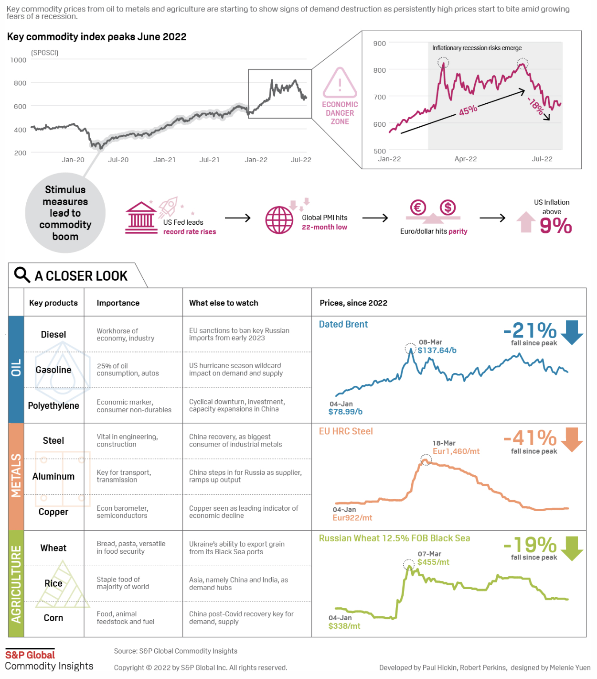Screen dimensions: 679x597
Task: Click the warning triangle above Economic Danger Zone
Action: pos(340,83)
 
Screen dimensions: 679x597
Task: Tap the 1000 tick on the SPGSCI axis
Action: pos(18,60)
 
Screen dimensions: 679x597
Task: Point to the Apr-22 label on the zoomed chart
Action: pos(465,159)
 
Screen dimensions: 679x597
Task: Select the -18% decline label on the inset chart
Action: pos(536,106)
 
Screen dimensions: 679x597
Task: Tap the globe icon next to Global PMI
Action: pos(279,220)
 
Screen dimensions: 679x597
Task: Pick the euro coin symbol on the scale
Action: pos(418,208)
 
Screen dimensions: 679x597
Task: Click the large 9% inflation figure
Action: pos(555,225)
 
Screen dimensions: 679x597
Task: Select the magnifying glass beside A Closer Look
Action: pos(22,275)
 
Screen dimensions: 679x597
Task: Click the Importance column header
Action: pos(118,303)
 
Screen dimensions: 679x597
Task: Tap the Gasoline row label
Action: pos(53,370)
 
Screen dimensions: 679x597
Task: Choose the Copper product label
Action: pos(53,512)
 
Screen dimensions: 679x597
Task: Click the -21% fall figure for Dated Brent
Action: pos(530,330)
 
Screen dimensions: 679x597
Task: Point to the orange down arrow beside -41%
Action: pos(572,439)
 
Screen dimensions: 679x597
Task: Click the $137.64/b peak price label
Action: pos(437,350)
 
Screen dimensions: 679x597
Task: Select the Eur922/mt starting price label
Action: pos(352,517)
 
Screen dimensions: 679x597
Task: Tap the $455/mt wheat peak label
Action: pos(433,562)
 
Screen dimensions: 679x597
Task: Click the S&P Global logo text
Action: pos(30,655)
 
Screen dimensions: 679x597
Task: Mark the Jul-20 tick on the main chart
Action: pos(118,160)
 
